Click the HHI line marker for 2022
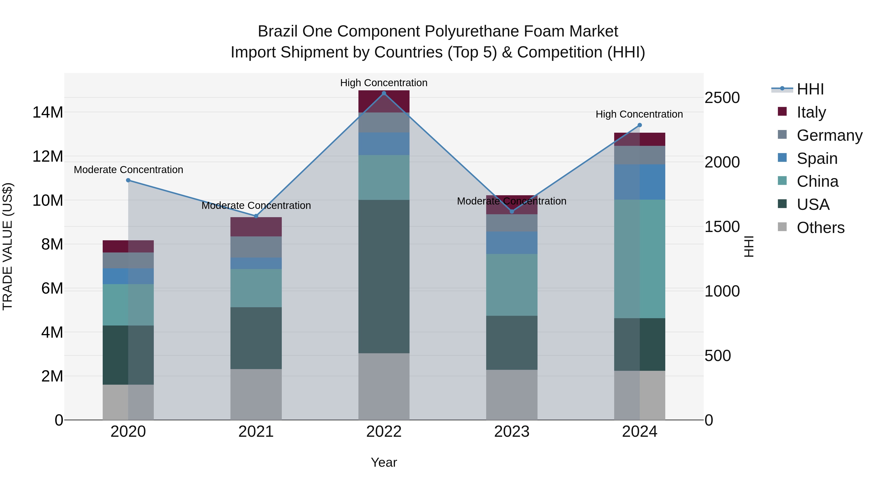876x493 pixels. [384, 93]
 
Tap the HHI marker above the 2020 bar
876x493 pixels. [128, 180]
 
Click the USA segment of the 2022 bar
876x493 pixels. [384, 276]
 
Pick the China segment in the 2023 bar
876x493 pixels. [512, 285]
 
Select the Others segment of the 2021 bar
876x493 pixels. [256, 394]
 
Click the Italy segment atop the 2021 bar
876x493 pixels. [256, 227]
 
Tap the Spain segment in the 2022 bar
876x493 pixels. [384, 144]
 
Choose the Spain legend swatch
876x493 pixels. [782, 158]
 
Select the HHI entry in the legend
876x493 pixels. [810, 89]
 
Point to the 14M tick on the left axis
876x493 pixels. [48, 112]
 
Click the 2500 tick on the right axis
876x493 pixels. [722, 98]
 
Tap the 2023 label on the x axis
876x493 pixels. [512, 432]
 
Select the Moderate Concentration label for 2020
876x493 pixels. [128, 169]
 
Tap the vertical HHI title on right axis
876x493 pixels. [749, 246]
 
